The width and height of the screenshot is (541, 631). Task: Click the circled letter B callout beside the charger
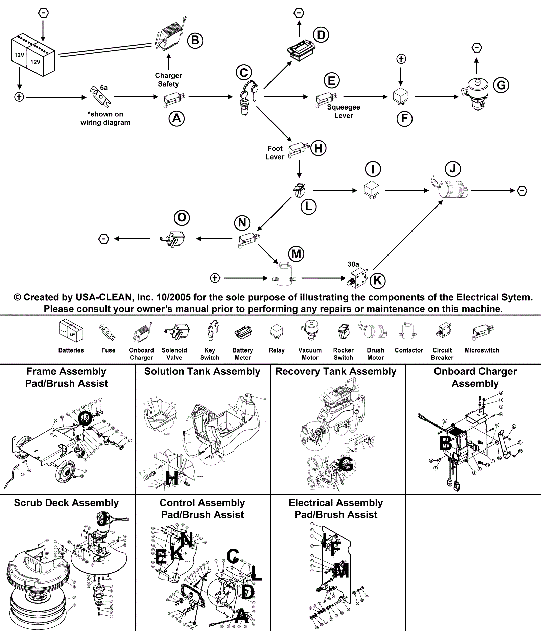click(195, 40)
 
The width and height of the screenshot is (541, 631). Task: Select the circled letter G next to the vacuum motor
click(501, 85)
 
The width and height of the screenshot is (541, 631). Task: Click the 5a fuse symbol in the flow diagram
click(100, 97)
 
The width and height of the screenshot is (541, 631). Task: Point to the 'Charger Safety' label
click(168, 80)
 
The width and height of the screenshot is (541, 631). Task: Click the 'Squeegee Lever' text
click(344, 111)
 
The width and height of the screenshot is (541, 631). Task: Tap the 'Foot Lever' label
click(275, 152)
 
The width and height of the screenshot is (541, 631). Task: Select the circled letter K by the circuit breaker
click(377, 280)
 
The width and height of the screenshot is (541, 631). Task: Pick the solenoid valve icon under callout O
click(172, 238)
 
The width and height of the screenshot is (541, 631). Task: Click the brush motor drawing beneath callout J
click(450, 189)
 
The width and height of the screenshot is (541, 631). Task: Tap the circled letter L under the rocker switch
click(308, 207)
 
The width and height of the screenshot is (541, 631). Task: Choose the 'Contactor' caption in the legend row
click(409, 350)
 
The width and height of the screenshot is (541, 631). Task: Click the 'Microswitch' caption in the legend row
click(482, 350)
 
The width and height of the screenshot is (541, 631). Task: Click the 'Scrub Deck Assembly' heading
click(66, 503)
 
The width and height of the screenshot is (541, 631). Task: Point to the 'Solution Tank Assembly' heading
click(202, 371)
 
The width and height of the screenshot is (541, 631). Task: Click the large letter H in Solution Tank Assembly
click(171, 478)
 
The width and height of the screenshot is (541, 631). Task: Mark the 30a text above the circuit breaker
click(353, 264)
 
